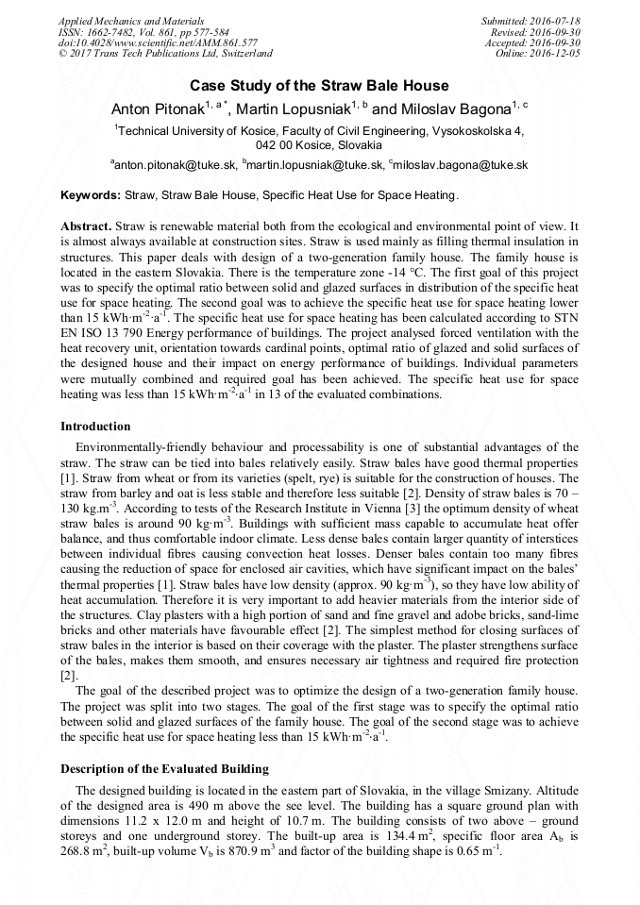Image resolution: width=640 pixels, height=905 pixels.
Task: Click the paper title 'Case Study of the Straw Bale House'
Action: pyautogui.click(x=319, y=86)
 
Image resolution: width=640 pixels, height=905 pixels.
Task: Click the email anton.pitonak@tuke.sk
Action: pyautogui.click(x=175, y=164)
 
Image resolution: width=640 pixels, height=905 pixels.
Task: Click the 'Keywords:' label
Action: pyautogui.click(x=91, y=196)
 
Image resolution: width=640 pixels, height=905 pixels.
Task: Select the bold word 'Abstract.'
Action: pyautogui.click(x=86, y=228)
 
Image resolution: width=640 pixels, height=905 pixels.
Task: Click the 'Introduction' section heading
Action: pyautogui.click(x=95, y=427)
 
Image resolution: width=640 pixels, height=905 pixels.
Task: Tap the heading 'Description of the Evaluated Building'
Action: pyautogui.click(x=164, y=769)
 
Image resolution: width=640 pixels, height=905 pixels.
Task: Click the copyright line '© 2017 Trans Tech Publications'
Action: pyautogui.click(x=165, y=54)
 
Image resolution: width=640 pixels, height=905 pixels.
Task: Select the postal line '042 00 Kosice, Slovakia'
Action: pyautogui.click(x=319, y=145)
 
